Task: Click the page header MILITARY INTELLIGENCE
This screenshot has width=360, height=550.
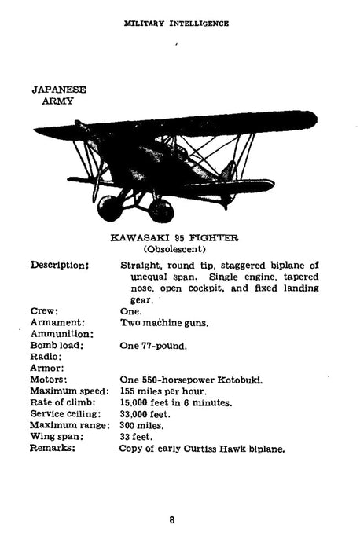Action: (177, 24)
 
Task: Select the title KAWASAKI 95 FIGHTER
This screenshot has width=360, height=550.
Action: (174, 237)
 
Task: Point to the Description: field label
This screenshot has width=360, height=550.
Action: (60, 265)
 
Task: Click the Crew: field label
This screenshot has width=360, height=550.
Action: (44, 311)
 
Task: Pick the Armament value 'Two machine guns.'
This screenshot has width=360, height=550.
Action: (164, 322)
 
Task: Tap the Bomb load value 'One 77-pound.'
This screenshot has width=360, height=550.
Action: (153, 345)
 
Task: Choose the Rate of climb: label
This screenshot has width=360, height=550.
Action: (64, 403)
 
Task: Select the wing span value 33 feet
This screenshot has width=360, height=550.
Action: (137, 437)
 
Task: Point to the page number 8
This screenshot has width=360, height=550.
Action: (171, 519)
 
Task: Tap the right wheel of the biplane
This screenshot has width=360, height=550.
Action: (160, 210)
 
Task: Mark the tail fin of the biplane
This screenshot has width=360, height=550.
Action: (230, 169)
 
